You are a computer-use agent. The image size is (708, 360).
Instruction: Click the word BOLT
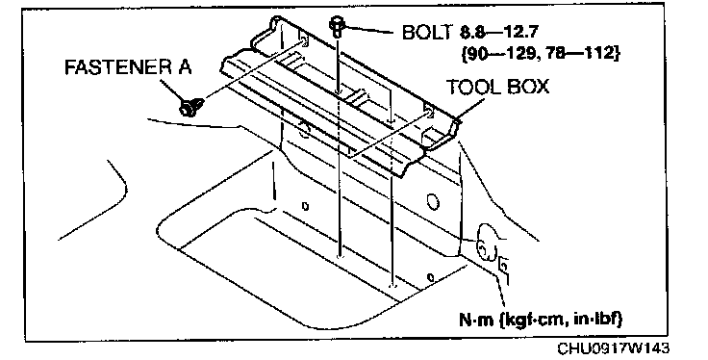coord(426,32)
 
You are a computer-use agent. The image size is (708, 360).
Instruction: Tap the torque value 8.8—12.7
coord(498,32)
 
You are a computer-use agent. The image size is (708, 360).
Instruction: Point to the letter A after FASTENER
coord(184,67)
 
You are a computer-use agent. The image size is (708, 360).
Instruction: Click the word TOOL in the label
coord(472,87)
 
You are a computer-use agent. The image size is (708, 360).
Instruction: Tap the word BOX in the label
coord(527,87)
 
